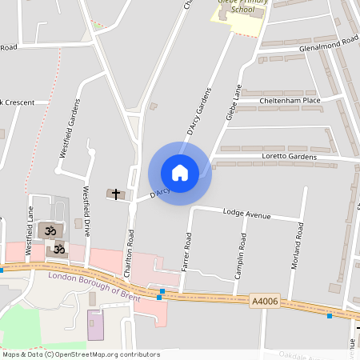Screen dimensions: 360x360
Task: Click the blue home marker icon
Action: click(x=180, y=173)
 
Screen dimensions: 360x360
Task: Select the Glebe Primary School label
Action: click(x=239, y=15)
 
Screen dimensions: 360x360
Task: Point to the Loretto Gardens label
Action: click(x=289, y=157)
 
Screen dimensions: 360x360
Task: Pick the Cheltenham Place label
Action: click(x=289, y=102)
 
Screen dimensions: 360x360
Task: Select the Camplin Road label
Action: click(x=239, y=255)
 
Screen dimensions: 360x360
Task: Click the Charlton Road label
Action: click(x=128, y=254)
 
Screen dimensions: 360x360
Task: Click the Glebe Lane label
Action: click(x=233, y=103)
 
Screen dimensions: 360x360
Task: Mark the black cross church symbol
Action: click(x=116, y=194)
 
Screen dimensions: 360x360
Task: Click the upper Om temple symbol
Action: click(x=50, y=231)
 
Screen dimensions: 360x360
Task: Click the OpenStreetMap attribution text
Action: click(x=82, y=354)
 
